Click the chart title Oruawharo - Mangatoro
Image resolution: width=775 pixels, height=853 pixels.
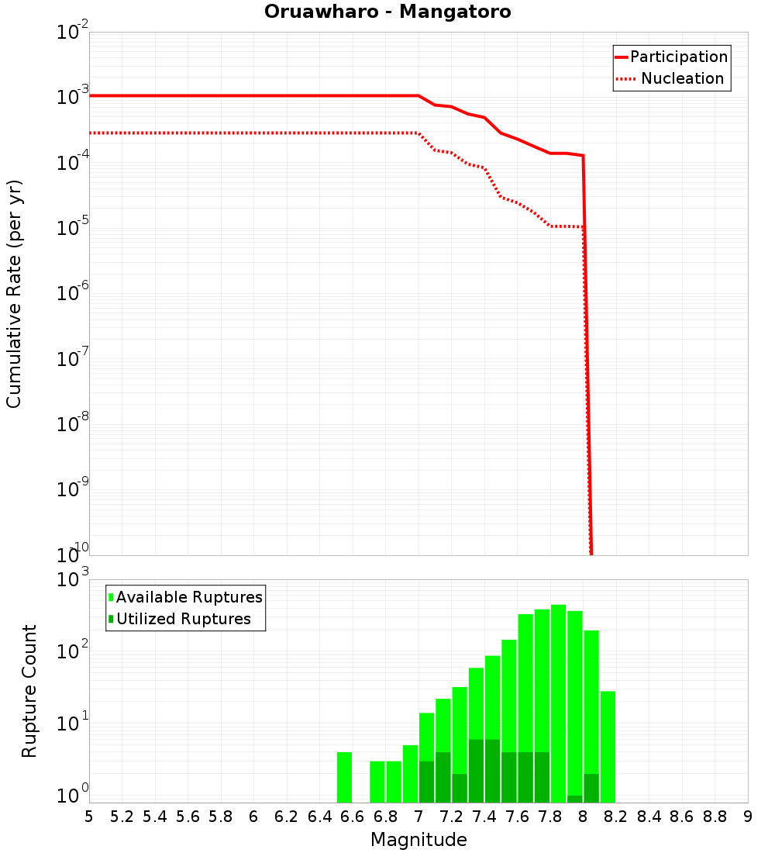click(387, 12)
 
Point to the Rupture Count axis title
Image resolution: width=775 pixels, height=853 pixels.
click(29, 691)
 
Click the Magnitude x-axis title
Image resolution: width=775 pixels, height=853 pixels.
click(418, 839)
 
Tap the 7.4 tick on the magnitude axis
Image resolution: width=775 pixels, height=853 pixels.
click(484, 817)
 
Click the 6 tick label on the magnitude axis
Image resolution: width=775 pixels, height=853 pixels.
click(253, 817)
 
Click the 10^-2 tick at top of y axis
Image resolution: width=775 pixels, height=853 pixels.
click(72, 33)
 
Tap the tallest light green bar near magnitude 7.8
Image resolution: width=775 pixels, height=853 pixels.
click(558, 698)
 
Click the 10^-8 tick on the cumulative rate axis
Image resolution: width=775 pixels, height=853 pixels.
click(72, 425)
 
